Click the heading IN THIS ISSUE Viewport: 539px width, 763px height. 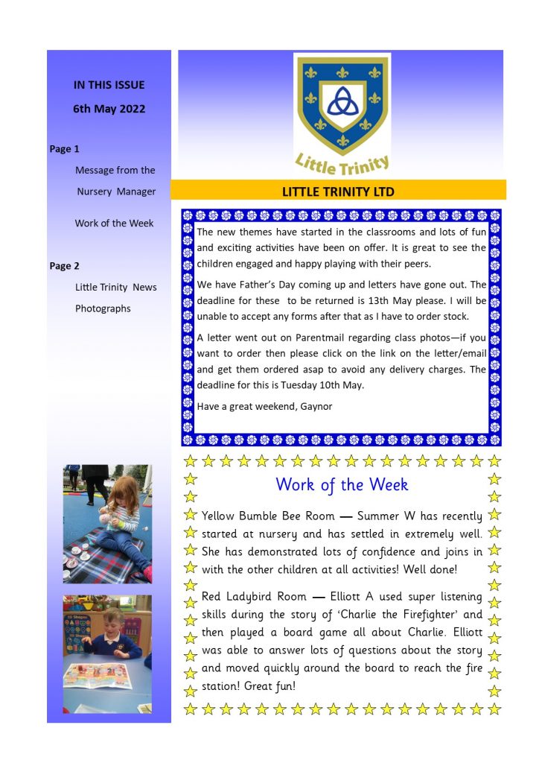[109, 85]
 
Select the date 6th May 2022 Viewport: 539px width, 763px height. [109, 109]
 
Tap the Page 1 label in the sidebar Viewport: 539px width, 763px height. [65, 149]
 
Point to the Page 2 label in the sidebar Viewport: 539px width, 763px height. [65, 266]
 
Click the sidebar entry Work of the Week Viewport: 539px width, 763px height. [114, 223]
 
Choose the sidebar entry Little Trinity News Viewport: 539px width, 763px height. [115, 287]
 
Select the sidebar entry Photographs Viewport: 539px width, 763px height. [103, 308]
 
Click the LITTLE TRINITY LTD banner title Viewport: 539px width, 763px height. [338, 191]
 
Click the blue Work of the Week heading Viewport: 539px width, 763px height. [342, 484]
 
